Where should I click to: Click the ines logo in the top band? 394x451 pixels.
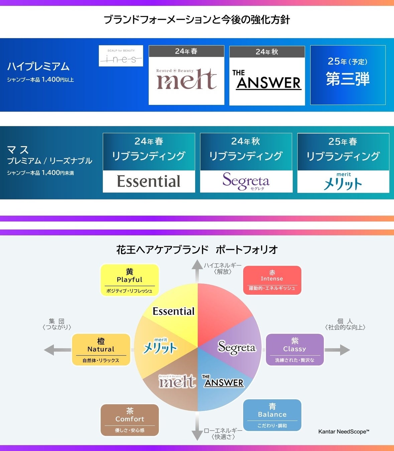[x=121, y=56]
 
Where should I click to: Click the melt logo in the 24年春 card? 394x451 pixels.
[x=186, y=80]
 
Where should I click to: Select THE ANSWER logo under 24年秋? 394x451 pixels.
[x=267, y=80]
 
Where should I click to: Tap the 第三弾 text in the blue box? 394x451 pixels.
[x=348, y=79]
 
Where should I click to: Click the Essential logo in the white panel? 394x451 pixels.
[x=149, y=181]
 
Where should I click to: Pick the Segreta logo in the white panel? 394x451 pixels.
[x=246, y=181]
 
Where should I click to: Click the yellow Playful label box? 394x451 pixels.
[x=130, y=280]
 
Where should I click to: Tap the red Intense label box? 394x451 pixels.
[x=272, y=280]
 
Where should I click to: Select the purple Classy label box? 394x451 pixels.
[x=295, y=349]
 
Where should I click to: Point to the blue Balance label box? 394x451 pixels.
[x=272, y=415]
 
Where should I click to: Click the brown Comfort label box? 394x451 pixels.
[x=130, y=420]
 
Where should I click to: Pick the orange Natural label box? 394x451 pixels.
[x=101, y=349]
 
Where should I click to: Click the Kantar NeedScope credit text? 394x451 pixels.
[x=344, y=432]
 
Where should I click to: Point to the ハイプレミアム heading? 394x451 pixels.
[x=38, y=66]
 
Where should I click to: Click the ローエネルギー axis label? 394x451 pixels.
[x=223, y=431]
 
